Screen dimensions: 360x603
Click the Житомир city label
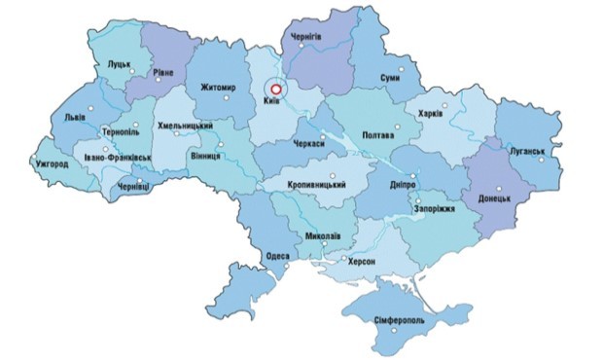[x=217, y=88]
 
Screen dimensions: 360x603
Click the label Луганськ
[x=531, y=153]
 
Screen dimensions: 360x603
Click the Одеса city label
[x=277, y=256]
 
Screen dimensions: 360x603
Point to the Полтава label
[x=378, y=134]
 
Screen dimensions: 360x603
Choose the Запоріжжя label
[x=435, y=207]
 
